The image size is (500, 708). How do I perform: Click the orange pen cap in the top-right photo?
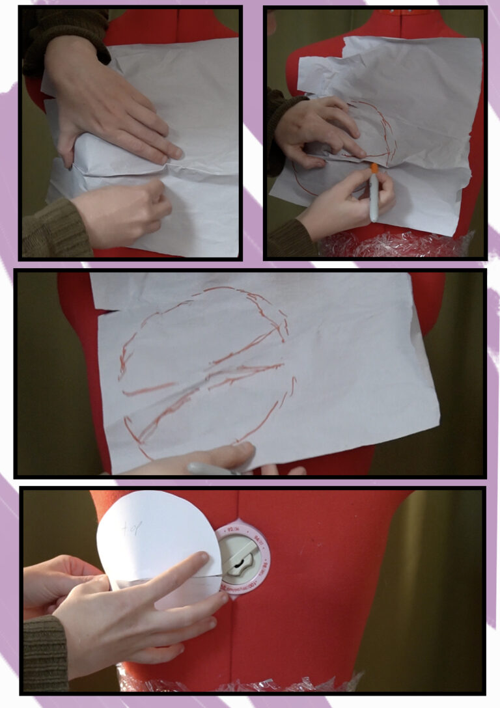point(374,169)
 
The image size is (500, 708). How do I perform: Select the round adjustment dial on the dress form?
point(243,557)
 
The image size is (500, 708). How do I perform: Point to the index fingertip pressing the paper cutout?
point(203,557)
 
